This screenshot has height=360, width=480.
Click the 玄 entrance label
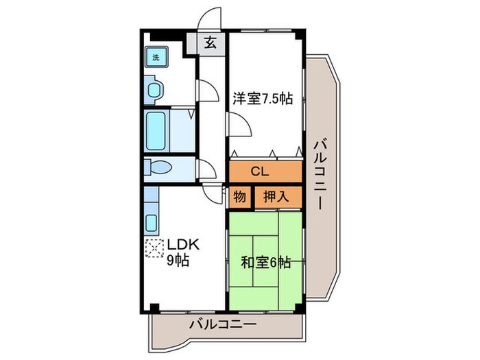coord(211,43)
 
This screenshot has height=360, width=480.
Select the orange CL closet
coord(265,171)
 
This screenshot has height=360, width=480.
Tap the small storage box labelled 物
coord(239,197)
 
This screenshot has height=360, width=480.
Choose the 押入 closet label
coord(277,197)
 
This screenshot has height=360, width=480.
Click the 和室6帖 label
coord(265,262)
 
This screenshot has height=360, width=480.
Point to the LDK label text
coord(182,244)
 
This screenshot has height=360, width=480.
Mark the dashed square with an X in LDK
coord(154,247)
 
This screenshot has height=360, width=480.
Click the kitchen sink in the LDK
coord(153,221)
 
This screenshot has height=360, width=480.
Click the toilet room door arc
coord(204,168)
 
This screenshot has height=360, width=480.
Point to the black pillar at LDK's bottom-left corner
coord(155,307)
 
